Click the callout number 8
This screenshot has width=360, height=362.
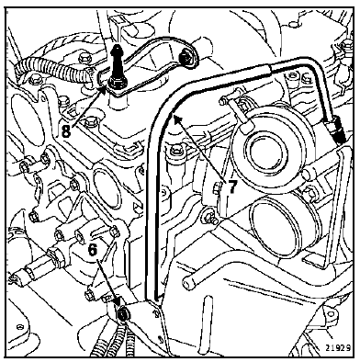tap(66, 131)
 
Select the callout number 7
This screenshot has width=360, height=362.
tap(231, 187)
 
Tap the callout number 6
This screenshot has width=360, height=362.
tap(93, 249)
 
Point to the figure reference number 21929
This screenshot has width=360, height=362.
tap(338, 348)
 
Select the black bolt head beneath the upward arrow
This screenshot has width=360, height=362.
tap(115, 82)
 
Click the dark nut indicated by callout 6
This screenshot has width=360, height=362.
tap(123, 313)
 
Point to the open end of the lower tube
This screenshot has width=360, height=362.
tap(189, 283)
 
